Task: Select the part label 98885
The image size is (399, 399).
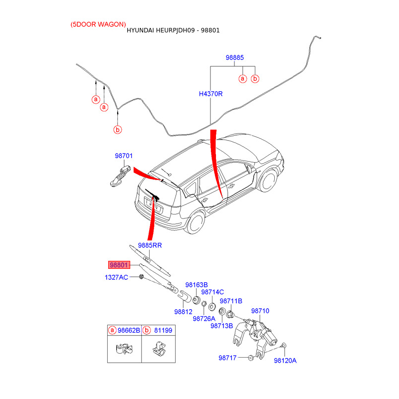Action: (234, 58)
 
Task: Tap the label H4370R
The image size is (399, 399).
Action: (210, 94)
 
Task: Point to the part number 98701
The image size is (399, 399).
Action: (124, 156)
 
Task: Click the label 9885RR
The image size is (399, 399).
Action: (150, 245)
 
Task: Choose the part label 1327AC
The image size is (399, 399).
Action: (116, 277)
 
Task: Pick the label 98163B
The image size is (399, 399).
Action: (197, 285)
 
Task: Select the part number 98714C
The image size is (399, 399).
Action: (212, 292)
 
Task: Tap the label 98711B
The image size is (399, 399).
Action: (231, 301)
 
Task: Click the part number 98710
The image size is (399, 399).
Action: (260, 311)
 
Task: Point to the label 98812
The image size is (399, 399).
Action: (183, 312)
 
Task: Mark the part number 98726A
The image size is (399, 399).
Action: (204, 319)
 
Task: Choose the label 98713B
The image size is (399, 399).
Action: (221, 326)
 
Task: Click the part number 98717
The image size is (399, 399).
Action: (227, 358)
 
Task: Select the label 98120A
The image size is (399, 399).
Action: (285, 360)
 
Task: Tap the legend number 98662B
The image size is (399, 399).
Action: (128, 330)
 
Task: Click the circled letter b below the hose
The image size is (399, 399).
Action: (118, 130)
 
